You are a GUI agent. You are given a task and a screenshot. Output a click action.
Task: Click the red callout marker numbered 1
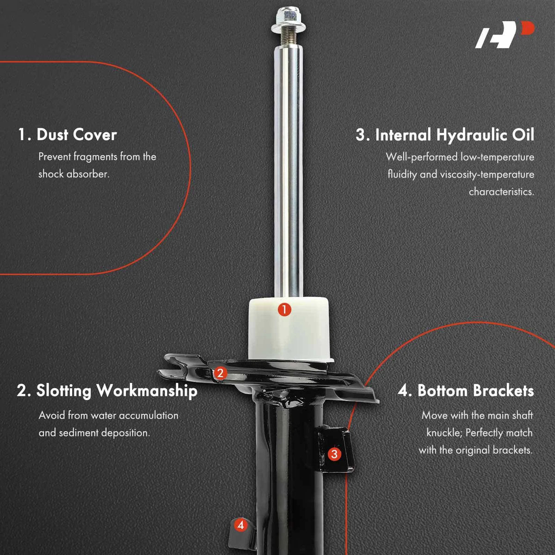pyautogui.click(x=284, y=310)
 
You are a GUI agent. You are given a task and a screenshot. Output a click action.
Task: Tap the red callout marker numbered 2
pyautogui.click(x=220, y=373)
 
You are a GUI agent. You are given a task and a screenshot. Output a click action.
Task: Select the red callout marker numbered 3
pyautogui.click(x=334, y=454)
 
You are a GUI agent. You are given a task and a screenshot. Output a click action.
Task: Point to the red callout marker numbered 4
pyautogui.click(x=240, y=525)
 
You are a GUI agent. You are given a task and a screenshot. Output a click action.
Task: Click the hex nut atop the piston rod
pyautogui.click(x=288, y=18)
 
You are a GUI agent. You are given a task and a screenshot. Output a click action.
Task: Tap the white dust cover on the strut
pyautogui.click(x=289, y=329)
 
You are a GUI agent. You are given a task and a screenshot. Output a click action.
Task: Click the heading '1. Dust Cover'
pyautogui.click(x=68, y=135)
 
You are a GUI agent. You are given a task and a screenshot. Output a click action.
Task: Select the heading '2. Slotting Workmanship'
pyautogui.click(x=107, y=390)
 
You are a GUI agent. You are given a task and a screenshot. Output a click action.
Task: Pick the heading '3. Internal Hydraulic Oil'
pyautogui.click(x=445, y=135)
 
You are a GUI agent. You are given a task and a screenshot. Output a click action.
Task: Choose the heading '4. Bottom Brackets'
pyautogui.click(x=466, y=390)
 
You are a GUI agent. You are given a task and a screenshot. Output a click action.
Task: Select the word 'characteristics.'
pyautogui.click(x=501, y=191)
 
